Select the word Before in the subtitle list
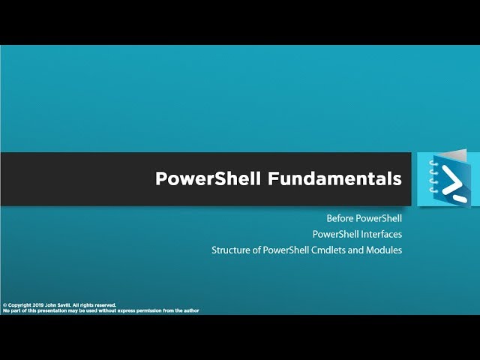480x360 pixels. tap(340, 218)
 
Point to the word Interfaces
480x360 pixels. tap(379, 234)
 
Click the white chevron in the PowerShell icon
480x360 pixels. tap(452, 179)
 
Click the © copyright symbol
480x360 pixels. tap(4, 305)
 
